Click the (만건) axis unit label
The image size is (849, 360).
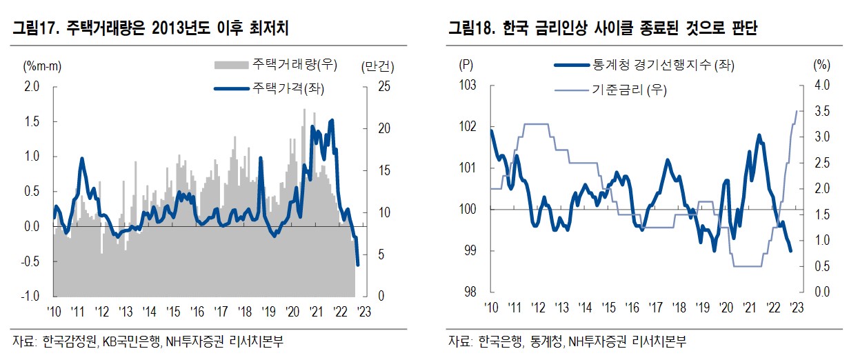[377, 66]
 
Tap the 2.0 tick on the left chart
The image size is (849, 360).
[32, 86]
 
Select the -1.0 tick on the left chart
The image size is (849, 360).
[30, 296]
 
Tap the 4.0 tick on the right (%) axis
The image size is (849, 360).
[821, 86]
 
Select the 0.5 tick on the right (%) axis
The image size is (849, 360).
[821, 266]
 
